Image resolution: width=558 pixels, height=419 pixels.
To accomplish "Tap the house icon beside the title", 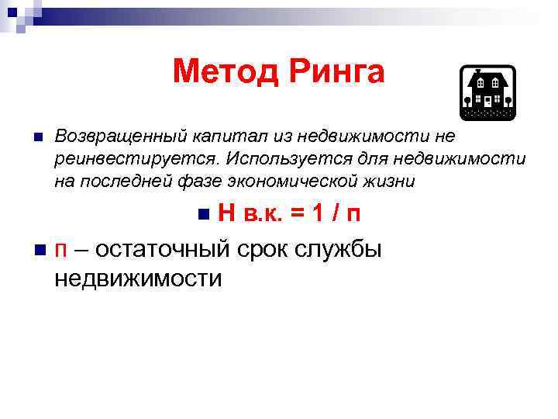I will (x=488, y=92).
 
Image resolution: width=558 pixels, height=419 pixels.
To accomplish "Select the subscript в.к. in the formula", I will (x=261, y=216).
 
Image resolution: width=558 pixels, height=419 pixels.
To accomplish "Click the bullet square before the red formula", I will (x=204, y=215).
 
